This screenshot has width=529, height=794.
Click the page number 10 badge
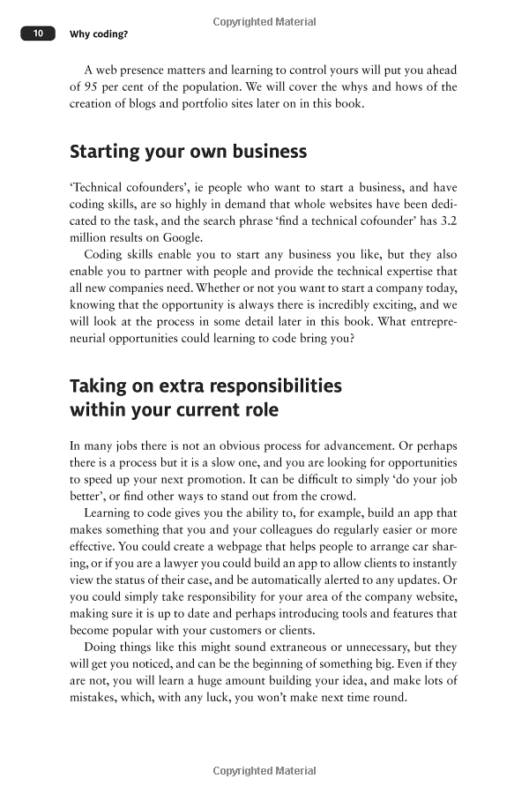pos(38,34)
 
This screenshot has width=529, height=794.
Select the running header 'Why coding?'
pos(99,34)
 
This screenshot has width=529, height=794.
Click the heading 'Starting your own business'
pos(188,151)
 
